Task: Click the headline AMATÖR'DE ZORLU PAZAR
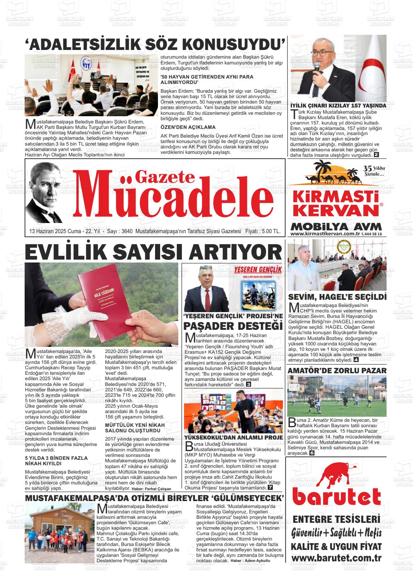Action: point(337,370)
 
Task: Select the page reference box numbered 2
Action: point(376,155)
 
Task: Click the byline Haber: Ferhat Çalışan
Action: point(151,489)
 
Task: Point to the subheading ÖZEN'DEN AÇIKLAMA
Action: point(188,127)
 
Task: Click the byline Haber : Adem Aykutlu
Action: point(250,560)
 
